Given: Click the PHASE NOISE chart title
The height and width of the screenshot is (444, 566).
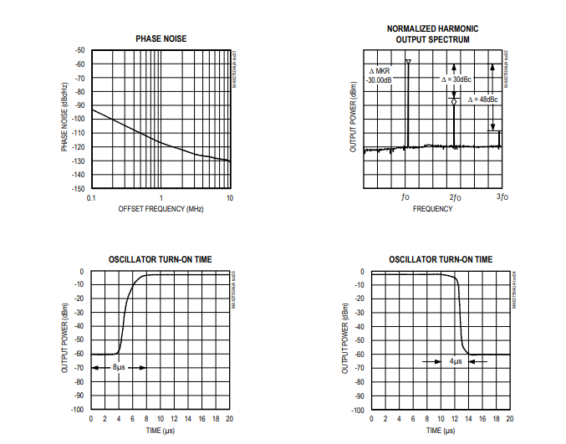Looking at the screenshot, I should [161, 38].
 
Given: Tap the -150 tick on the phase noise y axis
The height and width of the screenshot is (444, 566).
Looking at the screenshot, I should [79, 188].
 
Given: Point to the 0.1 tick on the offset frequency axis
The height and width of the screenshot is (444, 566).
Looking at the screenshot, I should [91, 197].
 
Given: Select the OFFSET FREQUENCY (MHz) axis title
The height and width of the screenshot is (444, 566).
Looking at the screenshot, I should [161, 208].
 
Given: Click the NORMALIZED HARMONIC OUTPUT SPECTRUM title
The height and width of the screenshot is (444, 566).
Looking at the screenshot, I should [432, 33].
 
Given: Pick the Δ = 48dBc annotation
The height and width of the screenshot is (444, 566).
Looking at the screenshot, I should [483, 99].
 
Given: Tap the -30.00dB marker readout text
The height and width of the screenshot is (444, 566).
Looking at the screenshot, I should [380, 80].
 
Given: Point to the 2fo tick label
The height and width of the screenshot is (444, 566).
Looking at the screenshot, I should [454, 197].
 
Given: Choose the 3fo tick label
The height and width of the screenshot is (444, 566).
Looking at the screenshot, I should [502, 197].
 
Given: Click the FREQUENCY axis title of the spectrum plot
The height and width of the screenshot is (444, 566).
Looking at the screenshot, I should [432, 208].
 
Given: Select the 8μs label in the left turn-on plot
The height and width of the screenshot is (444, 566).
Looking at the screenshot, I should [120, 368].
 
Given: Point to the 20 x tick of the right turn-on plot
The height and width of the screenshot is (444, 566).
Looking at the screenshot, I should [509, 418].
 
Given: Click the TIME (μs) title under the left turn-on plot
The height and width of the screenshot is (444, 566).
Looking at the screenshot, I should [161, 430].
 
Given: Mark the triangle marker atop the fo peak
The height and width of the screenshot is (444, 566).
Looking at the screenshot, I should [408, 62].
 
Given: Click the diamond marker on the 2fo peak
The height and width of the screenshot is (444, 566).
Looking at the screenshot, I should [454, 101].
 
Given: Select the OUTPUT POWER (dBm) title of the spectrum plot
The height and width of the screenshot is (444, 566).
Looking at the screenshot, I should [354, 118].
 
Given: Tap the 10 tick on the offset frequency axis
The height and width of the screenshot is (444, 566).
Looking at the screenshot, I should [230, 197].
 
